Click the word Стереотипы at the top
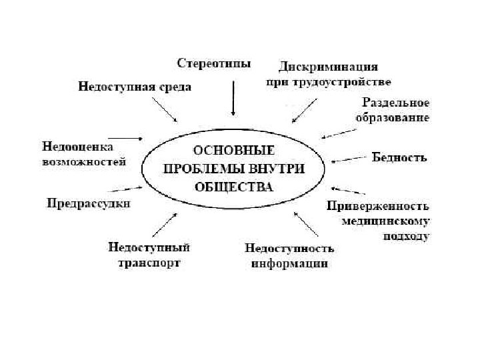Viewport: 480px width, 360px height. [213, 64]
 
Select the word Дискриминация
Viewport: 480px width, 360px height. [329, 67]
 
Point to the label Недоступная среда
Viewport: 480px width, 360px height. [135, 87]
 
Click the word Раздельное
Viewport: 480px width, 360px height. [395, 103]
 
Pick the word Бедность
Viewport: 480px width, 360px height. [399, 158]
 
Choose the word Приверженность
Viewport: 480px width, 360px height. [377, 206]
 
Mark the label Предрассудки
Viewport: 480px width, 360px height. [88, 203]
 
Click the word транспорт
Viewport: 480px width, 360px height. [149, 262]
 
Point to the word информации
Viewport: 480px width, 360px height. [289, 263]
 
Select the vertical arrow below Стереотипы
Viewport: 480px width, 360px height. [233, 99]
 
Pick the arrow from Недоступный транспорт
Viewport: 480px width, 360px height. [165, 225]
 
